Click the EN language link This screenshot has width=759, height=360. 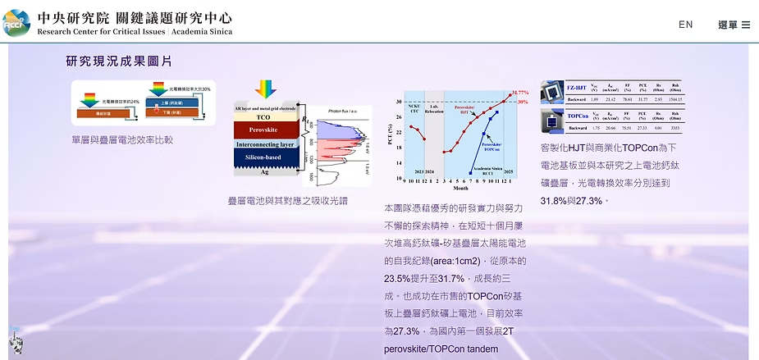pyautogui.click(x=685, y=25)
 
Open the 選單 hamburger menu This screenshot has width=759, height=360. pyautogui.click(x=734, y=25)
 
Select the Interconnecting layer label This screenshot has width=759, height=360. pyautogui.click(x=264, y=144)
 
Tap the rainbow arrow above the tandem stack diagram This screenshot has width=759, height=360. pyautogui.click(x=265, y=89)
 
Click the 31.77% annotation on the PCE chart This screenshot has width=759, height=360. pyautogui.click(x=519, y=93)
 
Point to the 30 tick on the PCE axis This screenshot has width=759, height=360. pyautogui.click(x=400, y=103)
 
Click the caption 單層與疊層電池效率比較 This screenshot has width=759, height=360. pyautogui.click(x=122, y=139)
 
